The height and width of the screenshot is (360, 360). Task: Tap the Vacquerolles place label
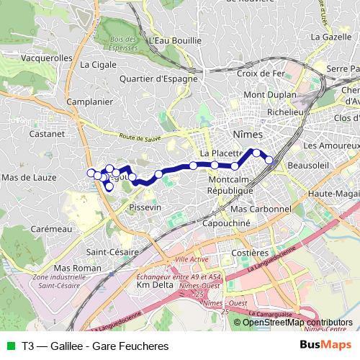[48, 58]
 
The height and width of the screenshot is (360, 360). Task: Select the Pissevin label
[143, 207]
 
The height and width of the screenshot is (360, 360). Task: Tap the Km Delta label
[154, 286]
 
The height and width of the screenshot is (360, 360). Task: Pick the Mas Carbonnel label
[260, 209]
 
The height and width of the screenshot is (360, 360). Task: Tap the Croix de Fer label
[261, 73]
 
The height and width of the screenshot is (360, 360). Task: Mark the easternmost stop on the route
[269, 160]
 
